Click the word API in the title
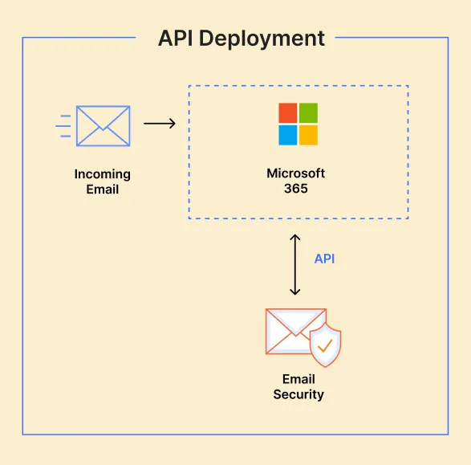[x=177, y=38]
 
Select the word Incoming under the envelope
[x=103, y=174]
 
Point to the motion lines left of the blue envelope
[x=64, y=125]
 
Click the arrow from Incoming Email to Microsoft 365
[x=159, y=124]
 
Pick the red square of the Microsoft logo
[x=287, y=112]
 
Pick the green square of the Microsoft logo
[x=308, y=112]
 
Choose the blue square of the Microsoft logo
[x=287, y=134]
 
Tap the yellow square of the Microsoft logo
[x=308, y=134]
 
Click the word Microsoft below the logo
[x=296, y=174]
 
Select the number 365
[x=296, y=189]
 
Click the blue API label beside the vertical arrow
[x=324, y=259]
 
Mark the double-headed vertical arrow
[x=295, y=264]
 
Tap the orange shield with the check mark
[x=325, y=345]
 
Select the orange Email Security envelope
[x=293, y=331]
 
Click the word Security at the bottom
[x=298, y=394]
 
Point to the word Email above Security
[x=298, y=379]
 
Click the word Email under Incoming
[x=103, y=190]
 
